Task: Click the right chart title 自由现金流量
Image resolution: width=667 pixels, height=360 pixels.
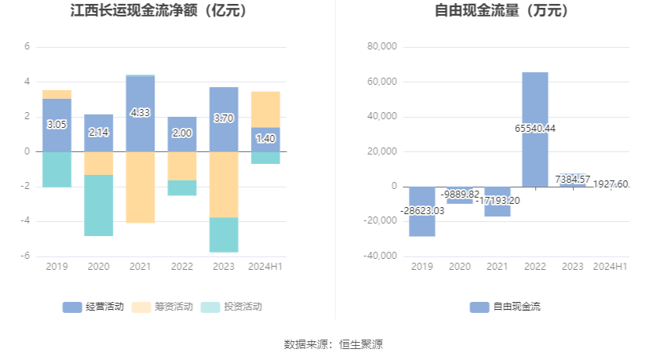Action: click(501, 12)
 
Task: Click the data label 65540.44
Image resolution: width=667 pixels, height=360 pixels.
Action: click(535, 129)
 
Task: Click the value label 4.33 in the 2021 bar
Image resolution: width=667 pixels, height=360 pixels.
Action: click(140, 113)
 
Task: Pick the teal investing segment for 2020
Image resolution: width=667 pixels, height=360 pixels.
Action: click(99, 205)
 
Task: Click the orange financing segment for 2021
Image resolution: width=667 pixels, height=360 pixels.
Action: click(140, 187)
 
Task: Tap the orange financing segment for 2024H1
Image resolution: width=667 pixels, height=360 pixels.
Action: click(265, 109)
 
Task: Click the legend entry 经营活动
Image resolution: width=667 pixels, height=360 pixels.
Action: click(93, 307)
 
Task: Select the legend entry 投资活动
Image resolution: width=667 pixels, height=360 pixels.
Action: click(232, 307)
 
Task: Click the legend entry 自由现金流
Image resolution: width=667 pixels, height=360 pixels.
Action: click(505, 307)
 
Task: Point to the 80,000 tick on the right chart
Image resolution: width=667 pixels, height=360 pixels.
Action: click(383, 47)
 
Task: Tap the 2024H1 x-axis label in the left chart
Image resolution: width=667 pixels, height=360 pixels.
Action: click(265, 267)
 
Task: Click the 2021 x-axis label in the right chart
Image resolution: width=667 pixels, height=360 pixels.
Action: click(498, 267)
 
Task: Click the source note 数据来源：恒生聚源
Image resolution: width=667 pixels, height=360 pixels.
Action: click(333, 344)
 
